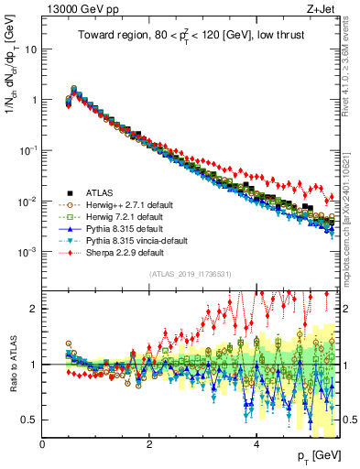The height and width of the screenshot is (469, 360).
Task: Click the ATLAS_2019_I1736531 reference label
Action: (x=190, y=275)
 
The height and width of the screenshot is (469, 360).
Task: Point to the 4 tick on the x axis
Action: (x=256, y=443)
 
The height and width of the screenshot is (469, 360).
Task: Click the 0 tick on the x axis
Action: (x=42, y=443)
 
